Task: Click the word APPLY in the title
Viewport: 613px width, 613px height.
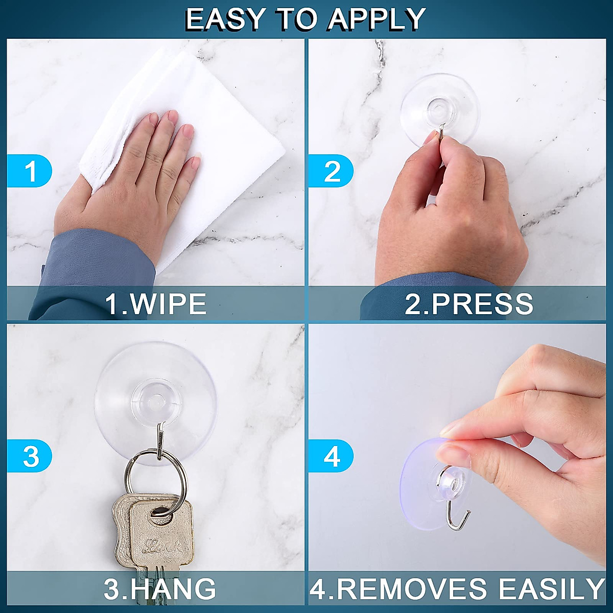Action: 376,19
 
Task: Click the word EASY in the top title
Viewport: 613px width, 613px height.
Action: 225,19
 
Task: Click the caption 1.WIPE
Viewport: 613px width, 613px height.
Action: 156,303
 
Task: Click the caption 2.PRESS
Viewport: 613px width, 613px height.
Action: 468,303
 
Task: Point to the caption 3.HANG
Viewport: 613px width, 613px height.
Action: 159,588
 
